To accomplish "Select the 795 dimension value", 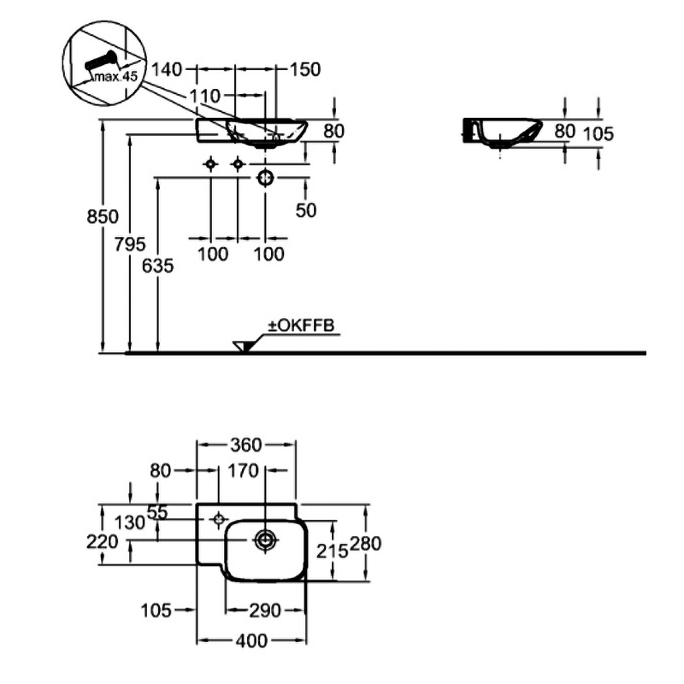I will tap(131, 244).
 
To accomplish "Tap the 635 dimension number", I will tap(158, 266).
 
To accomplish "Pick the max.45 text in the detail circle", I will tap(115, 76).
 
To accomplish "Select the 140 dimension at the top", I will tap(168, 68).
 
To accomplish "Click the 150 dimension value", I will tap(306, 68).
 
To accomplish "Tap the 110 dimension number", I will tap(205, 95).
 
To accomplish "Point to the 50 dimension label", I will tap(306, 210).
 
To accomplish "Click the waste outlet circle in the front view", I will tap(265, 177).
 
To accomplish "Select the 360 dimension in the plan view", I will tap(247, 445).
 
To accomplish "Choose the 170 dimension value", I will tap(244, 469).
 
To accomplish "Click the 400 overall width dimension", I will tap(251, 640).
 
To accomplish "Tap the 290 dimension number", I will tap(265, 610).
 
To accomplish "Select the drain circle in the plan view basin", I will tap(265, 540).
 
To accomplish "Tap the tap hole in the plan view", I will tap(219, 518).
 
